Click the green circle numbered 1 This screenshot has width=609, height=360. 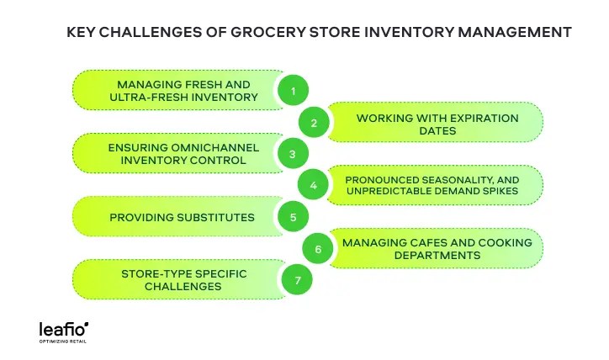pos(294,91)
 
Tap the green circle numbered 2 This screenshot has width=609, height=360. pos(314,123)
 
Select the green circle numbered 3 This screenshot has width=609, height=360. pos(292,154)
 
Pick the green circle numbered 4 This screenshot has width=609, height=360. pos(314,185)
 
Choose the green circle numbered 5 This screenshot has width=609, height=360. pos(293,217)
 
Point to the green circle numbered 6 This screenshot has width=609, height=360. pos(317,249)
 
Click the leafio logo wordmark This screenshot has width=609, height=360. pos(63,327)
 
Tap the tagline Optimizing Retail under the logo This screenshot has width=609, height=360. pos(63,341)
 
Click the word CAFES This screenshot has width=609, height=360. pos(430,242)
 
